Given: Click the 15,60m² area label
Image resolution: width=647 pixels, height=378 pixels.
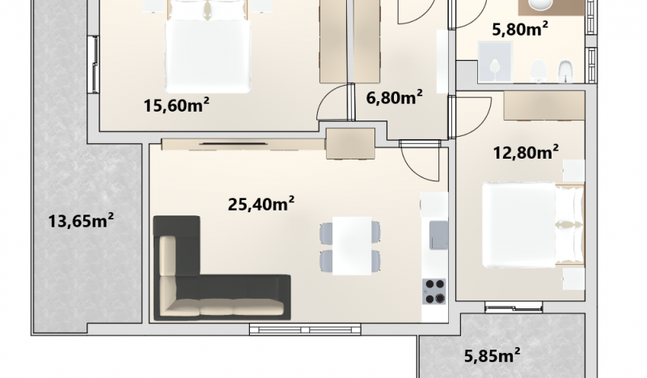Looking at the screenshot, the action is click(x=176, y=105).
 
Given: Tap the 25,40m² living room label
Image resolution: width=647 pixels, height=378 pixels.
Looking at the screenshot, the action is click(x=261, y=203).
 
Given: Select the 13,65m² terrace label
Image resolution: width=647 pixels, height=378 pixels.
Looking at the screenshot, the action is click(x=81, y=220).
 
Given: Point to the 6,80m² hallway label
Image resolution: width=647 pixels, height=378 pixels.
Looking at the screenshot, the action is click(x=394, y=98).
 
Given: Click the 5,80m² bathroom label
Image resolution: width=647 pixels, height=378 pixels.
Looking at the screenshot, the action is click(x=520, y=29).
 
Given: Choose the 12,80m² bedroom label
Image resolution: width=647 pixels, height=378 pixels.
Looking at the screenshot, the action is click(x=526, y=152).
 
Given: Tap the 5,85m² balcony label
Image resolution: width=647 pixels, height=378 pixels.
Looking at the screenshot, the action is click(x=493, y=355).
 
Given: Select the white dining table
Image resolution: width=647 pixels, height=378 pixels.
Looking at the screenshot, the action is click(x=352, y=246).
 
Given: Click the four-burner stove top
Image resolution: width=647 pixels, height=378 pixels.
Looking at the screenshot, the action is click(x=434, y=291).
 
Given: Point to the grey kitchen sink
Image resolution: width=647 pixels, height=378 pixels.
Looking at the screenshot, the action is click(x=438, y=235).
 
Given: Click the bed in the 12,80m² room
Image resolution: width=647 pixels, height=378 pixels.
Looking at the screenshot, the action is click(x=533, y=226).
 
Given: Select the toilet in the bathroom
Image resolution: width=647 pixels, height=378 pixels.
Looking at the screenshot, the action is click(x=538, y=70).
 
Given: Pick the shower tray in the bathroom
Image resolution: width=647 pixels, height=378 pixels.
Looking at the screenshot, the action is click(x=495, y=62).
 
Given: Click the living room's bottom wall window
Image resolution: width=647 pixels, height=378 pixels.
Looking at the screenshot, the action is click(x=305, y=329).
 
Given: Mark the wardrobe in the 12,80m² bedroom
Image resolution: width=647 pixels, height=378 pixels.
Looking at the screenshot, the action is click(x=544, y=106).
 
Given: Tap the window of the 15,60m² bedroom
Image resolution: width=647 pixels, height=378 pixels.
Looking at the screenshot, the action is click(x=94, y=65).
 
